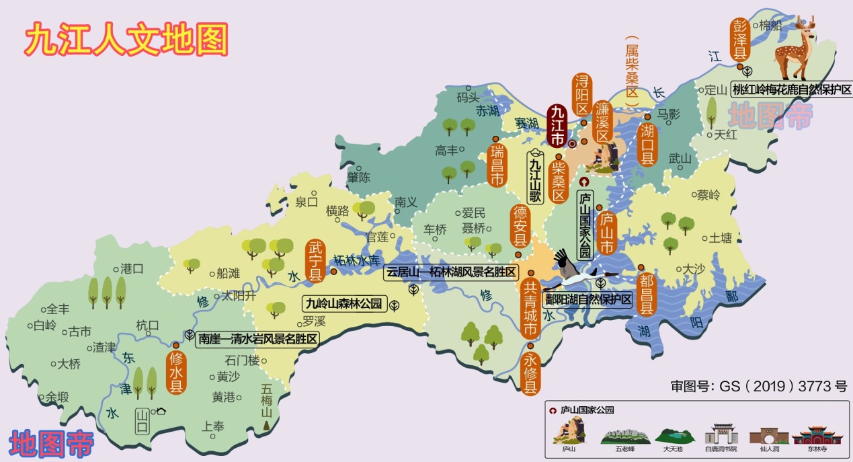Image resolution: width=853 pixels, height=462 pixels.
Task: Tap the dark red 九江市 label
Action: (557, 126)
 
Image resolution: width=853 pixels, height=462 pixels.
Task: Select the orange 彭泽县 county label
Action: (740, 40)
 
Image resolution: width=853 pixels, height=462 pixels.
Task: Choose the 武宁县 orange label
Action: (315, 260)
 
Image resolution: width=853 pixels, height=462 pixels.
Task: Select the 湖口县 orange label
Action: (647, 145)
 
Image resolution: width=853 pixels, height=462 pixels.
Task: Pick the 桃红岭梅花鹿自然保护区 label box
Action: (791, 89)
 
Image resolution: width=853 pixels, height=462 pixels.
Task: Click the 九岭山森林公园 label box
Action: (343, 304)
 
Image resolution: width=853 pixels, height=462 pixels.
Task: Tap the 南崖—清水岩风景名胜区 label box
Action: (257, 339)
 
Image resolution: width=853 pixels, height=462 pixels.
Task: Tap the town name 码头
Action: (467, 98)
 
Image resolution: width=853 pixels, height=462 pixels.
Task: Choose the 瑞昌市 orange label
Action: (497, 164)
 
